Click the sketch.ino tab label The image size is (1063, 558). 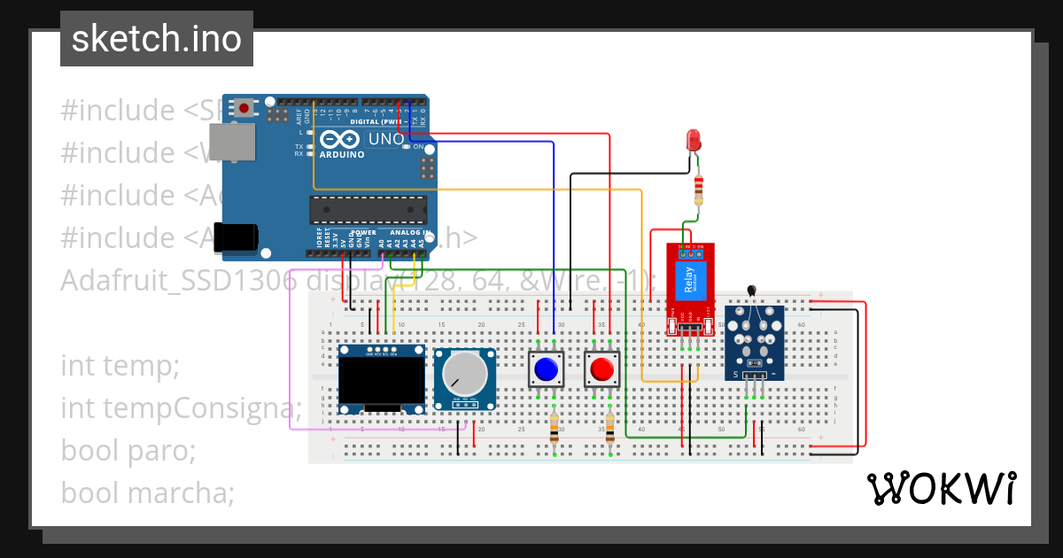(156, 39)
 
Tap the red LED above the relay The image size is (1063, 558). (694, 140)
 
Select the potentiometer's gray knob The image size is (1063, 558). (464, 373)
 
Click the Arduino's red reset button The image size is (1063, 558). (243, 108)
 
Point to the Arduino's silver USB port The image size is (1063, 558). (232, 146)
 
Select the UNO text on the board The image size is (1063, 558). (386, 139)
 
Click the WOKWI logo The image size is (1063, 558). (941, 488)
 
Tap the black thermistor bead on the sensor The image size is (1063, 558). (752, 289)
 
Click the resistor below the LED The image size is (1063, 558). (699, 188)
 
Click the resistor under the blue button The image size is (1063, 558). (554, 429)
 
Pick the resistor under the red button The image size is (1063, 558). (609, 429)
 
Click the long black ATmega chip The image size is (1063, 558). (368, 210)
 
